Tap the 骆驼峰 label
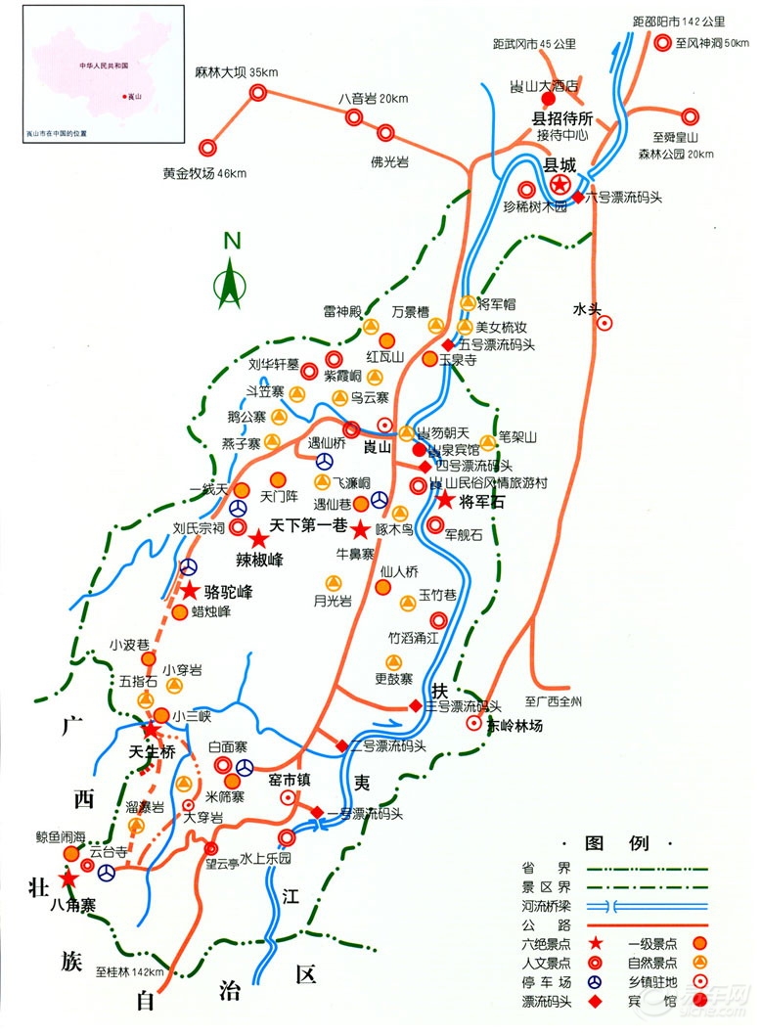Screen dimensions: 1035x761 [229, 592]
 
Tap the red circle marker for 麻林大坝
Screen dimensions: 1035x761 [258, 93]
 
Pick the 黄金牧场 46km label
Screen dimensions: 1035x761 [204, 174]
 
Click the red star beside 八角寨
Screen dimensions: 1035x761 [67, 879]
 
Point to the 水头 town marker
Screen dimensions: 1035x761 [605, 322]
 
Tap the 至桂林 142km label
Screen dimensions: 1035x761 [130, 972]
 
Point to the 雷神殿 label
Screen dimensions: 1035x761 [343, 312]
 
